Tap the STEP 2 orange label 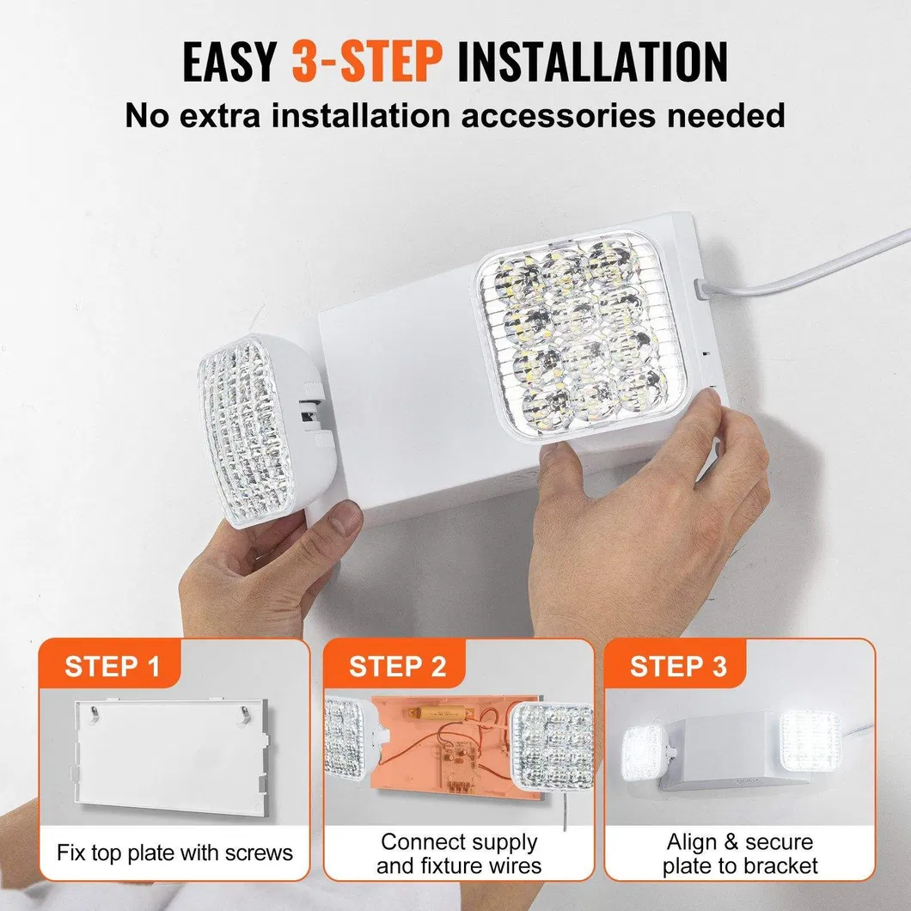click(397, 667)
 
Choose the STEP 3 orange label click(678, 667)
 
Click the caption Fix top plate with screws click(175, 853)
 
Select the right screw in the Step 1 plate click(243, 712)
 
